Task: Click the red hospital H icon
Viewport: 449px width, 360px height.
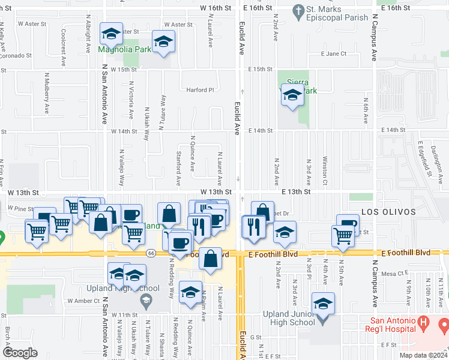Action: (x=424, y=324)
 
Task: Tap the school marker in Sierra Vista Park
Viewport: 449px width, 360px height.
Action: (x=292, y=96)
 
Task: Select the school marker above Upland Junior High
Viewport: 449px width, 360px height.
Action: (x=323, y=304)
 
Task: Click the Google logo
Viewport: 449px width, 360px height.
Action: (x=20, y=352)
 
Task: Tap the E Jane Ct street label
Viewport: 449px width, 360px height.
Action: (x=334, y=53)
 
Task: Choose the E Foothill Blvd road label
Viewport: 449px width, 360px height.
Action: (x=273, y=254)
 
